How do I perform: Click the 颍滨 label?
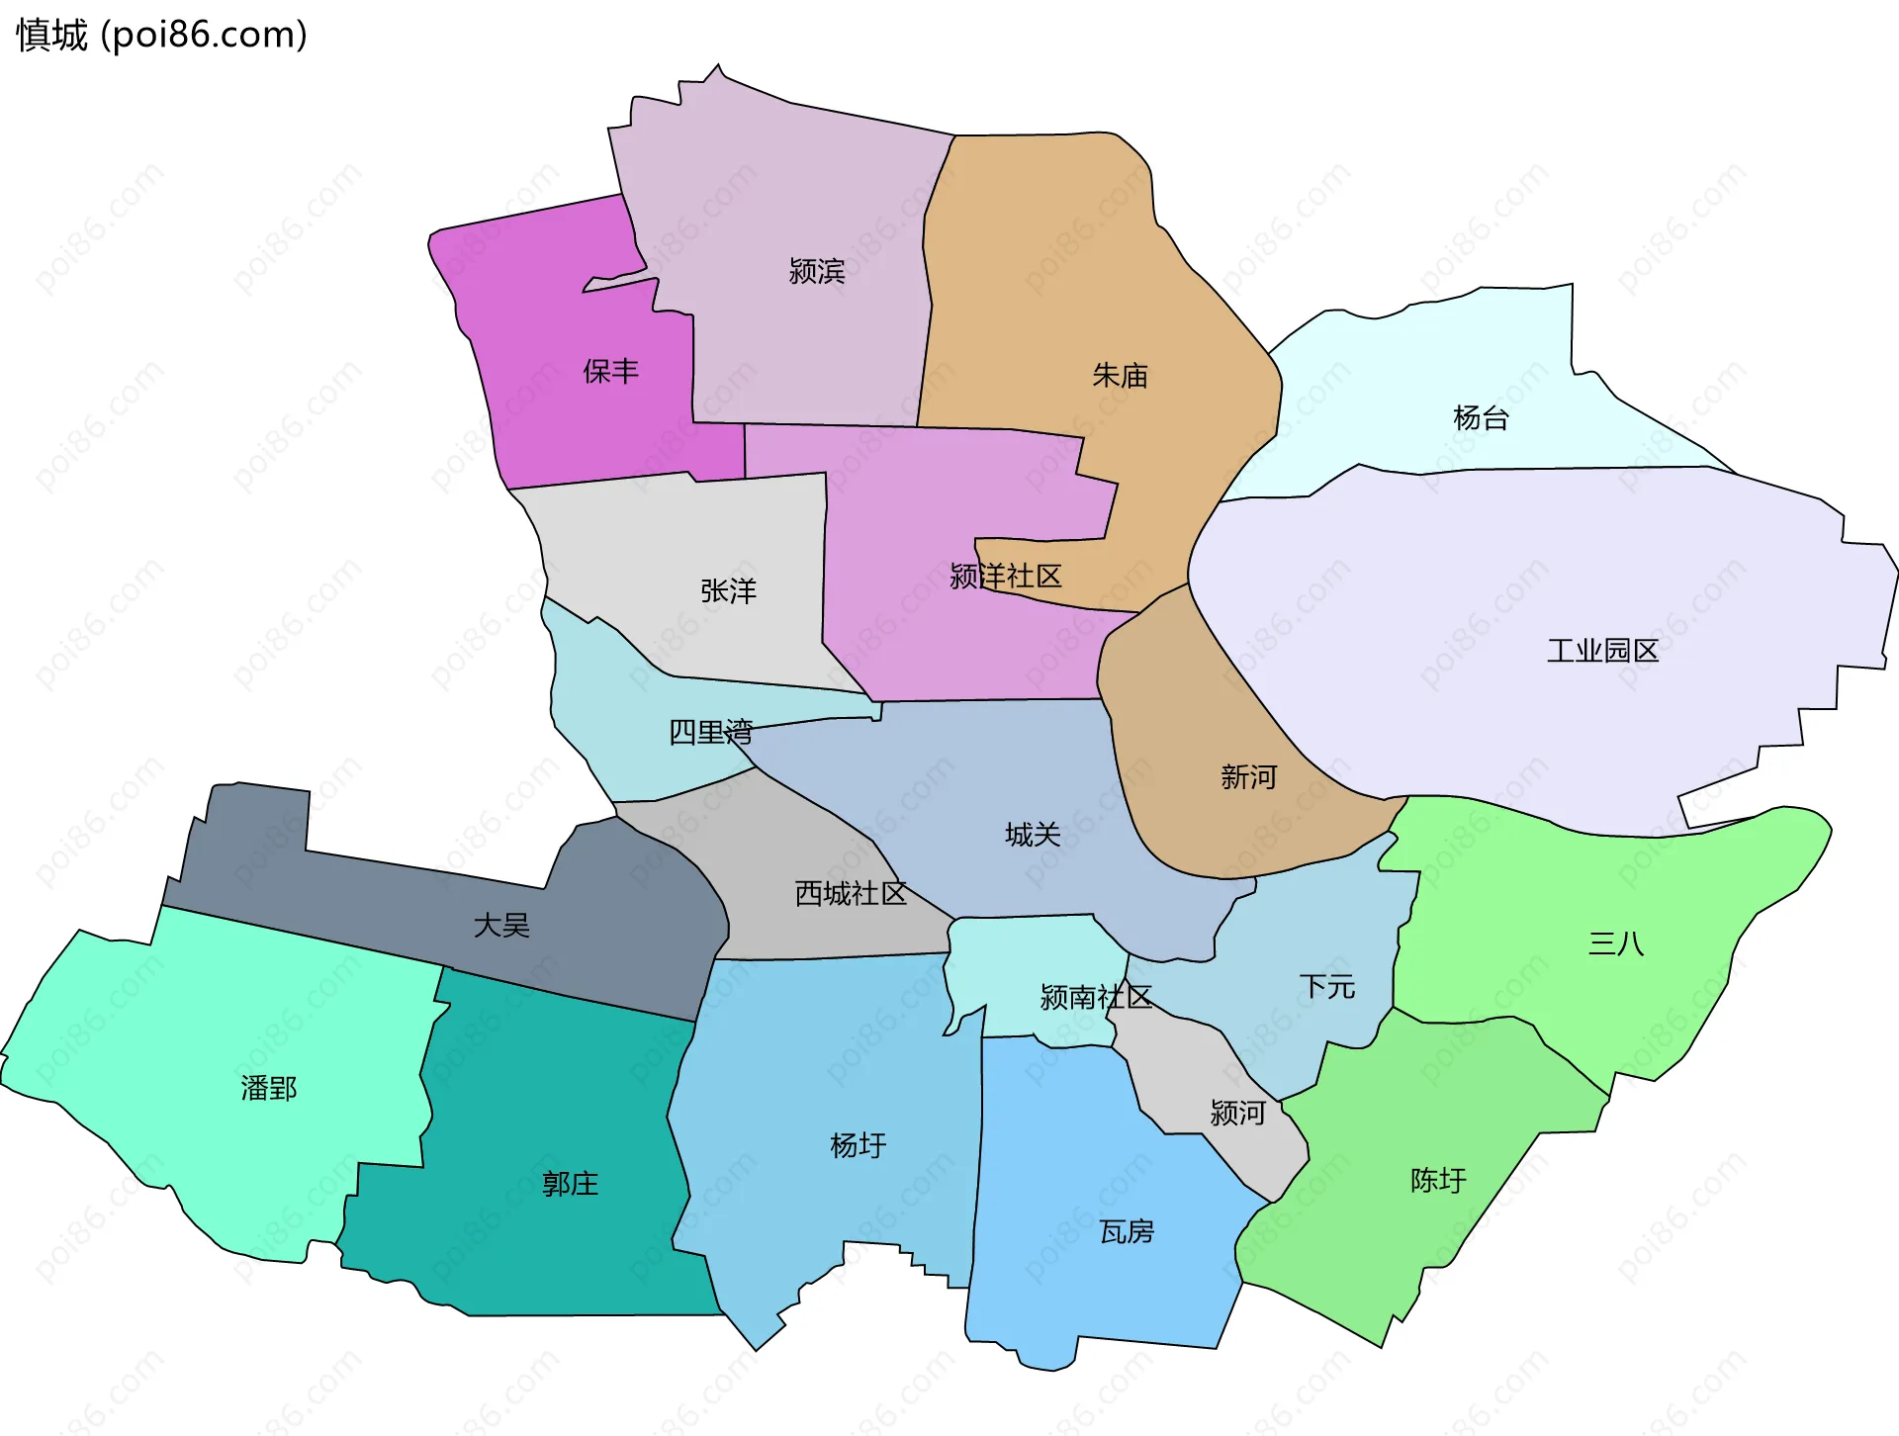click(816, 270)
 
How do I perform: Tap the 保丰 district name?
click(610, 371)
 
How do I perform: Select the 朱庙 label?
click(1120, 375)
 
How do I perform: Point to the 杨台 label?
click(1481, 417)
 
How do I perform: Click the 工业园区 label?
click(1602, 650)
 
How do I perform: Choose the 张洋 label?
click(728, 590)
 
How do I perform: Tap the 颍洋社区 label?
click(1005, 576)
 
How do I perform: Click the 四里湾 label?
click(710, 732)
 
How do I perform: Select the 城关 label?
click(1033, 834)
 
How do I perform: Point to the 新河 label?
click(1248, 776)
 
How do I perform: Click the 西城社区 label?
click(851, 893)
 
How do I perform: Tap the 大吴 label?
click(501, 925)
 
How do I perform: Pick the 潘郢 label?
click(268, 1088)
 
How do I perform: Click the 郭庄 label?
click(570, 1183)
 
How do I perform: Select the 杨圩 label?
click(858, 1145)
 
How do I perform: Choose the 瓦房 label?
click(1127, 1231)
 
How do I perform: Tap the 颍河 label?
click(1237, 1113)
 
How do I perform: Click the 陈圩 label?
click(1438, 1179)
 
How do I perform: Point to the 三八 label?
click(1616, 942)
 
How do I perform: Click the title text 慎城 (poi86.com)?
click(161, 35)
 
